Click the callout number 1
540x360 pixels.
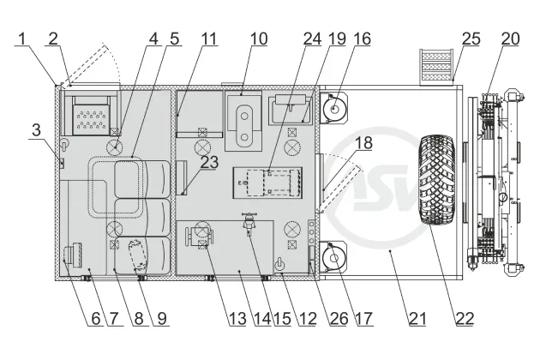tap(22, 39)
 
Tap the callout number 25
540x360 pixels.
tap(471, 39)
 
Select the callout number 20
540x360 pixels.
tap(510, 39)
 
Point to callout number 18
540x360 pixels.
tap(363, 143)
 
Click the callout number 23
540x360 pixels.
tap(209, 162)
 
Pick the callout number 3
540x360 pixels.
tap(37, 130)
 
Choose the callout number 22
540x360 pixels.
tap(465, 319)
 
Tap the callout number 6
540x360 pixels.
tap(96, 319)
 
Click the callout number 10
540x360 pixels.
tap(259, 39)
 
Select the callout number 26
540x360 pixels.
tap(339, 319)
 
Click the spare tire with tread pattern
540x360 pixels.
tap(436, 179)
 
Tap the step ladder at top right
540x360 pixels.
tap(436, 67)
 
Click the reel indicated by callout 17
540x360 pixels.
tap(333, 258)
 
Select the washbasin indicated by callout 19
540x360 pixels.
tap(291, 110)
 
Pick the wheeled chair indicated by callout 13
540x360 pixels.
tap(200, 236)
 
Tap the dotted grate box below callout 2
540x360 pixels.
tap(91, 116)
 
